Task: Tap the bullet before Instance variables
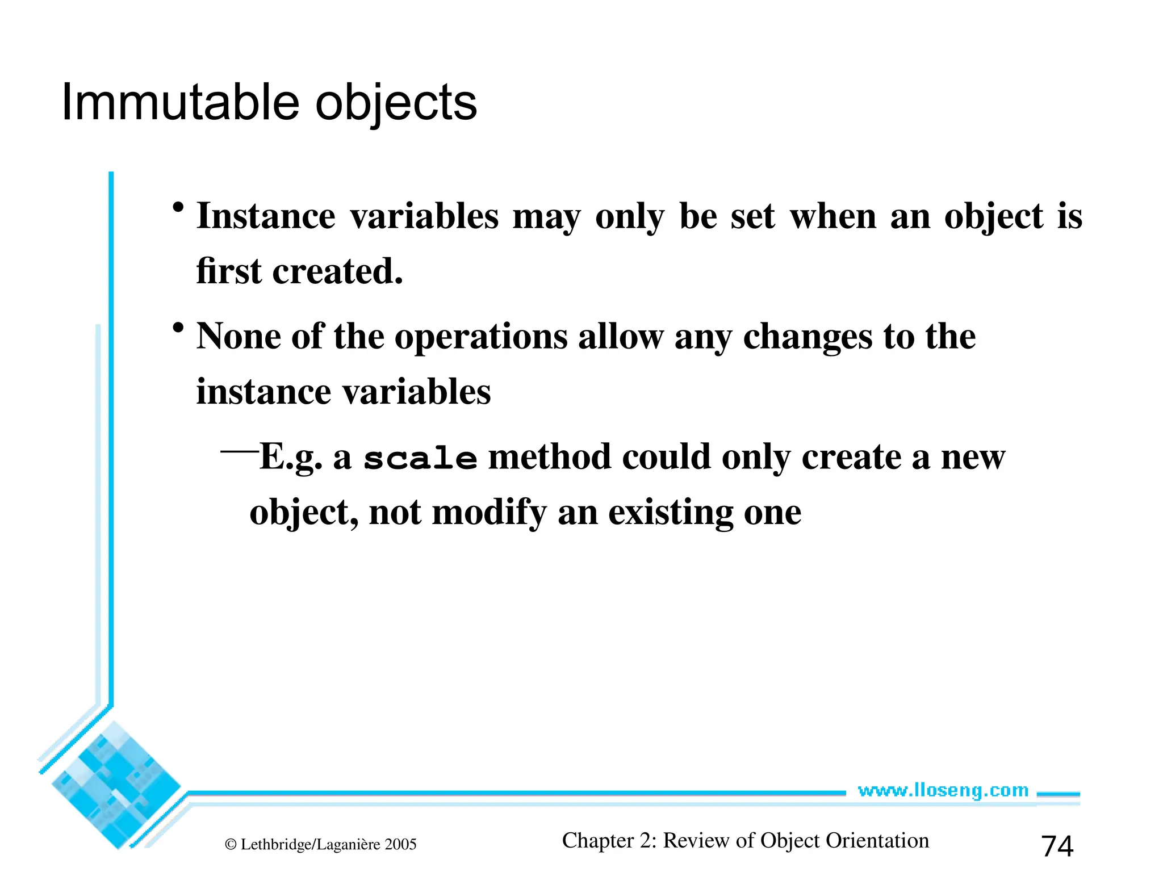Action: click(178, 207)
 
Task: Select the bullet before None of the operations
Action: click(178, 328)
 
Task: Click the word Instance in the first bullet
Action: click(266, 216)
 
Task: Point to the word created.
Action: click(337, 271)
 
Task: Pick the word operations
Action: click(481, 337)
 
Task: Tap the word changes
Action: click(808, 337)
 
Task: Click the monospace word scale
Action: click(420, 459)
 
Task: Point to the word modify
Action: click(489, 513)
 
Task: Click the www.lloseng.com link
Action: click(943, 790)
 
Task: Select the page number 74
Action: click(1057, 846)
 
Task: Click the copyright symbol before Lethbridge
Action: click(231, 845)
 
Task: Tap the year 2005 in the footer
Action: click(400, 845)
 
